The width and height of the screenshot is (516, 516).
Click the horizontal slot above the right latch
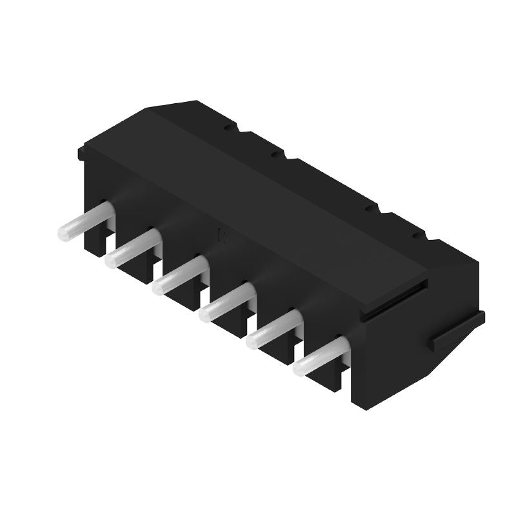click(x=393, y=299)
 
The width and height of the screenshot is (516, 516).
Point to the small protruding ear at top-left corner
click(x=82, y=154)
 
